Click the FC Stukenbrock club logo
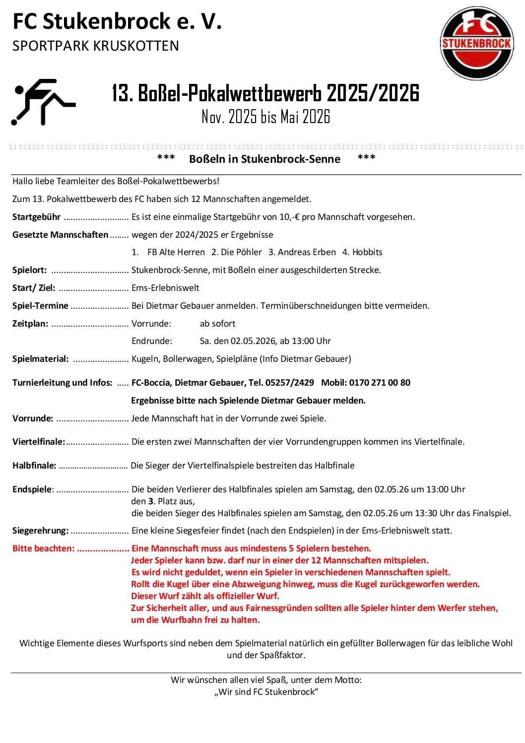point(476,43)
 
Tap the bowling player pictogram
point(43,102)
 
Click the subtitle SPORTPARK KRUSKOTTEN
point(95,46)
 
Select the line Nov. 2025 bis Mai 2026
point(265,117)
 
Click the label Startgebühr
point(36,217)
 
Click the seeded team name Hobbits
point(367,252)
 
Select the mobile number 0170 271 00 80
point(380,383)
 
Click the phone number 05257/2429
point(290,383)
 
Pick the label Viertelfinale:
point(39,442)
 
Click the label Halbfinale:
point(34,466)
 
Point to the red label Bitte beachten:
point(43,548)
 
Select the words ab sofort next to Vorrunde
point(217,324)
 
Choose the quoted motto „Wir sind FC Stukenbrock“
point(266,692)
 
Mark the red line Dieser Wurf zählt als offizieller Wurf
point(205,596)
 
